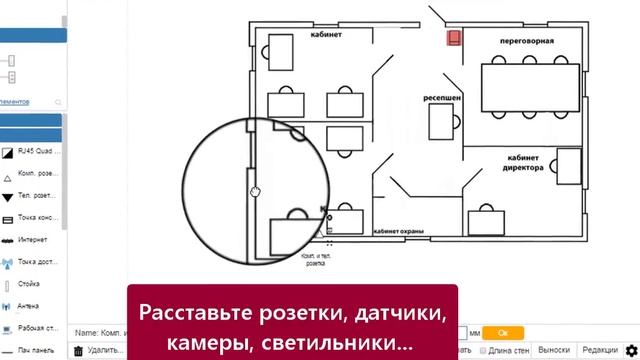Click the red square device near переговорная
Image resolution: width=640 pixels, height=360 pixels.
454,38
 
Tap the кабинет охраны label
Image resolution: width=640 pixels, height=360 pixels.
398,231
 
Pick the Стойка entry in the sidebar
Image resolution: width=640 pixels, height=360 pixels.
30,284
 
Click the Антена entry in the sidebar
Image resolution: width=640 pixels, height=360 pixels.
29,306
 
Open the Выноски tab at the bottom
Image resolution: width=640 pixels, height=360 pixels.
553,350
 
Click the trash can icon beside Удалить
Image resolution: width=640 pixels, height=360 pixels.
78,351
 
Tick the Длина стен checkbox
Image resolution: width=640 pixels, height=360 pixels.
484,351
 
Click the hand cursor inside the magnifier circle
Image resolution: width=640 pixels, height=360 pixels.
256,190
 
